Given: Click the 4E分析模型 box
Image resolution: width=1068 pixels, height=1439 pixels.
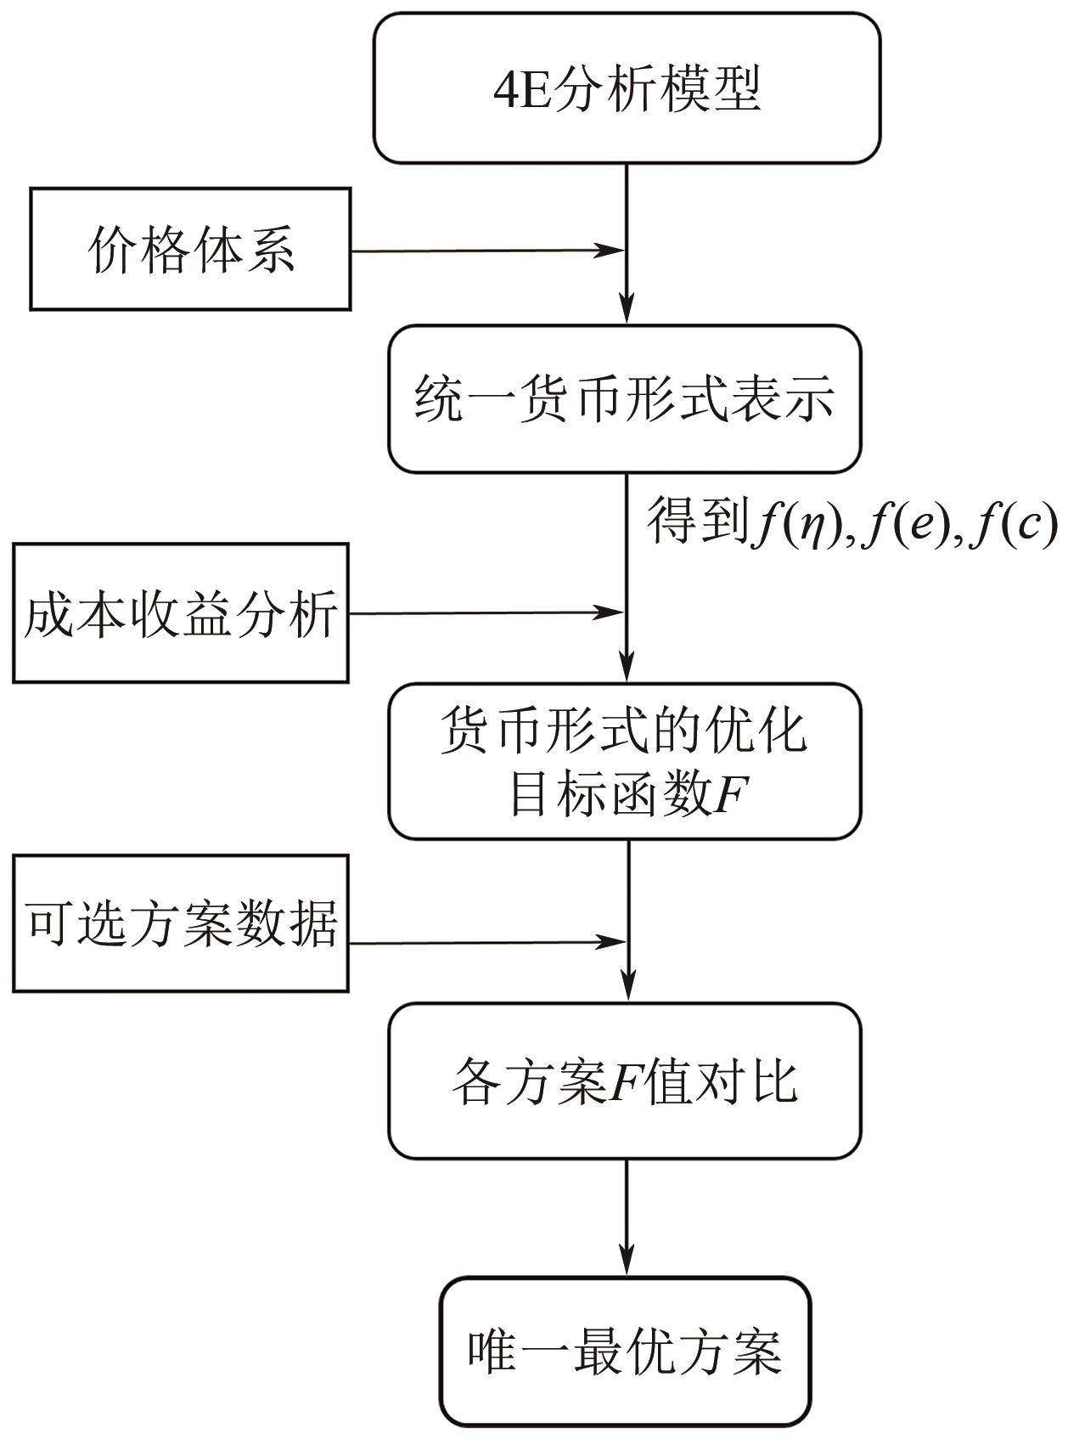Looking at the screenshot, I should tap(627, 87).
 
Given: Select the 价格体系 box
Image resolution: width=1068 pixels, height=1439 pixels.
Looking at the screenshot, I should tap(190, 249).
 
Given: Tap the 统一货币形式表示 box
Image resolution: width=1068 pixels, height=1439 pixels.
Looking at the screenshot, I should tap(625, 398).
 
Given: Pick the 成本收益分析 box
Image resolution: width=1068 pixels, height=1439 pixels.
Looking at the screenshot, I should tap(180, 612).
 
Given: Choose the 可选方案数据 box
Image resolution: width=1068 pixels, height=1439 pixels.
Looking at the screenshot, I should tap(180, 923).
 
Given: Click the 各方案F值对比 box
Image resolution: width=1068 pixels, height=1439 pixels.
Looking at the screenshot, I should tap(625, 1081).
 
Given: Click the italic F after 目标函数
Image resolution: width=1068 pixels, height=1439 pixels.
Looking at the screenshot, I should tap(732, 796).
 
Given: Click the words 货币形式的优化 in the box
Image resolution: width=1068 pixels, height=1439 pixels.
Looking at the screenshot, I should tap(625, 731).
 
